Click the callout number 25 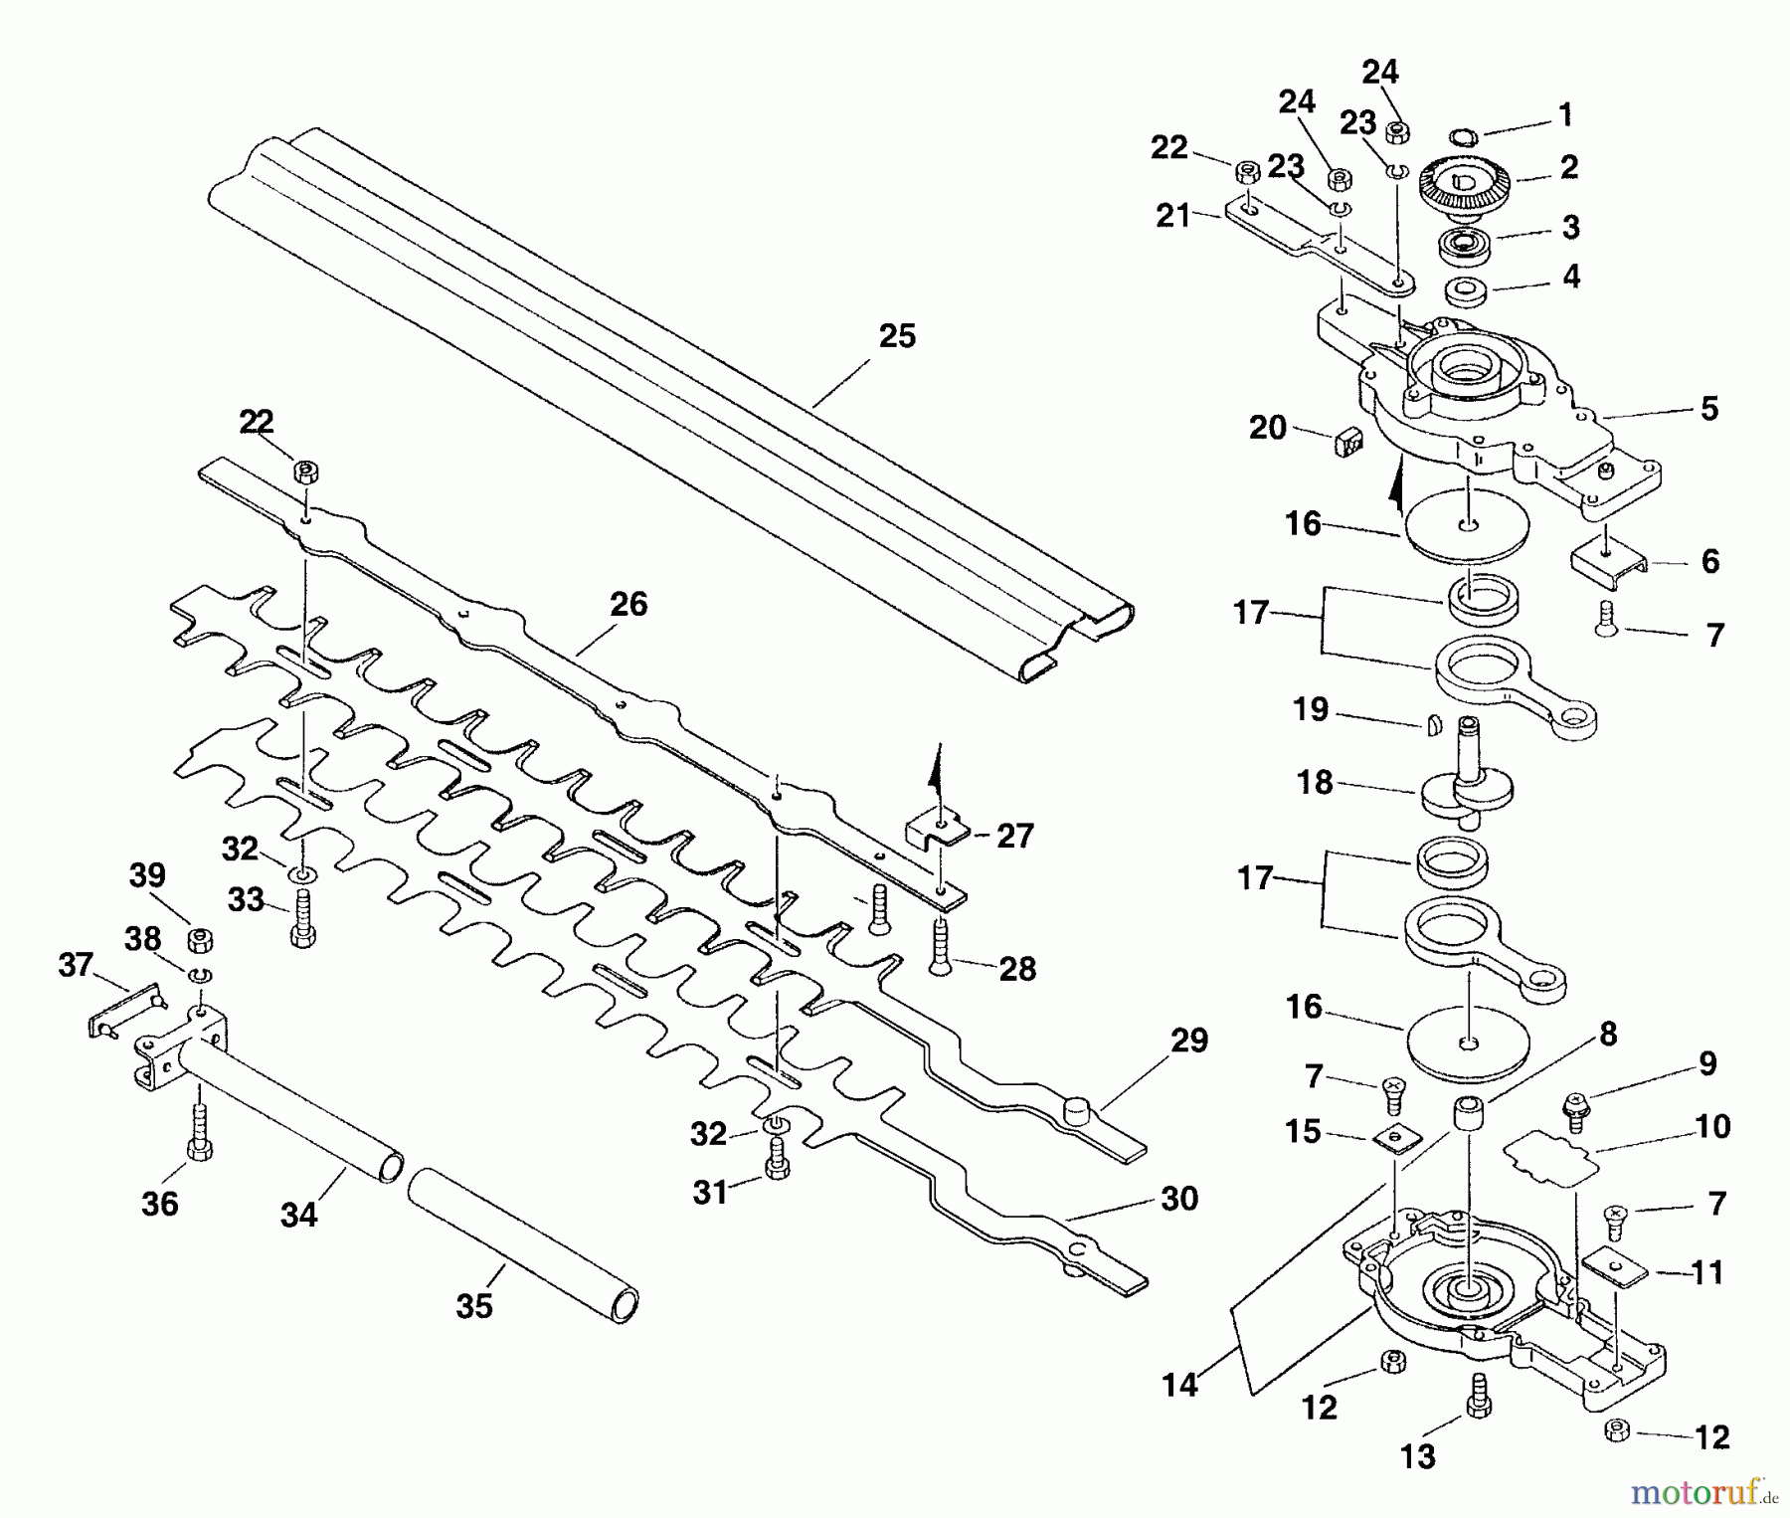[x=896, y=336]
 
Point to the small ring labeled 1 [x=1465, y=136]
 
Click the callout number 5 [x=1708, y=408]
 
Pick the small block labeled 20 [x=1347, y=442]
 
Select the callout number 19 [x=1311, y=709]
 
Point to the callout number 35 [x=474, y=1305]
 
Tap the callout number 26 [x=627, y=604]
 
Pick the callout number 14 [x=1179, y=1385]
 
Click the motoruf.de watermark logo [x=1708, y=1491]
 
